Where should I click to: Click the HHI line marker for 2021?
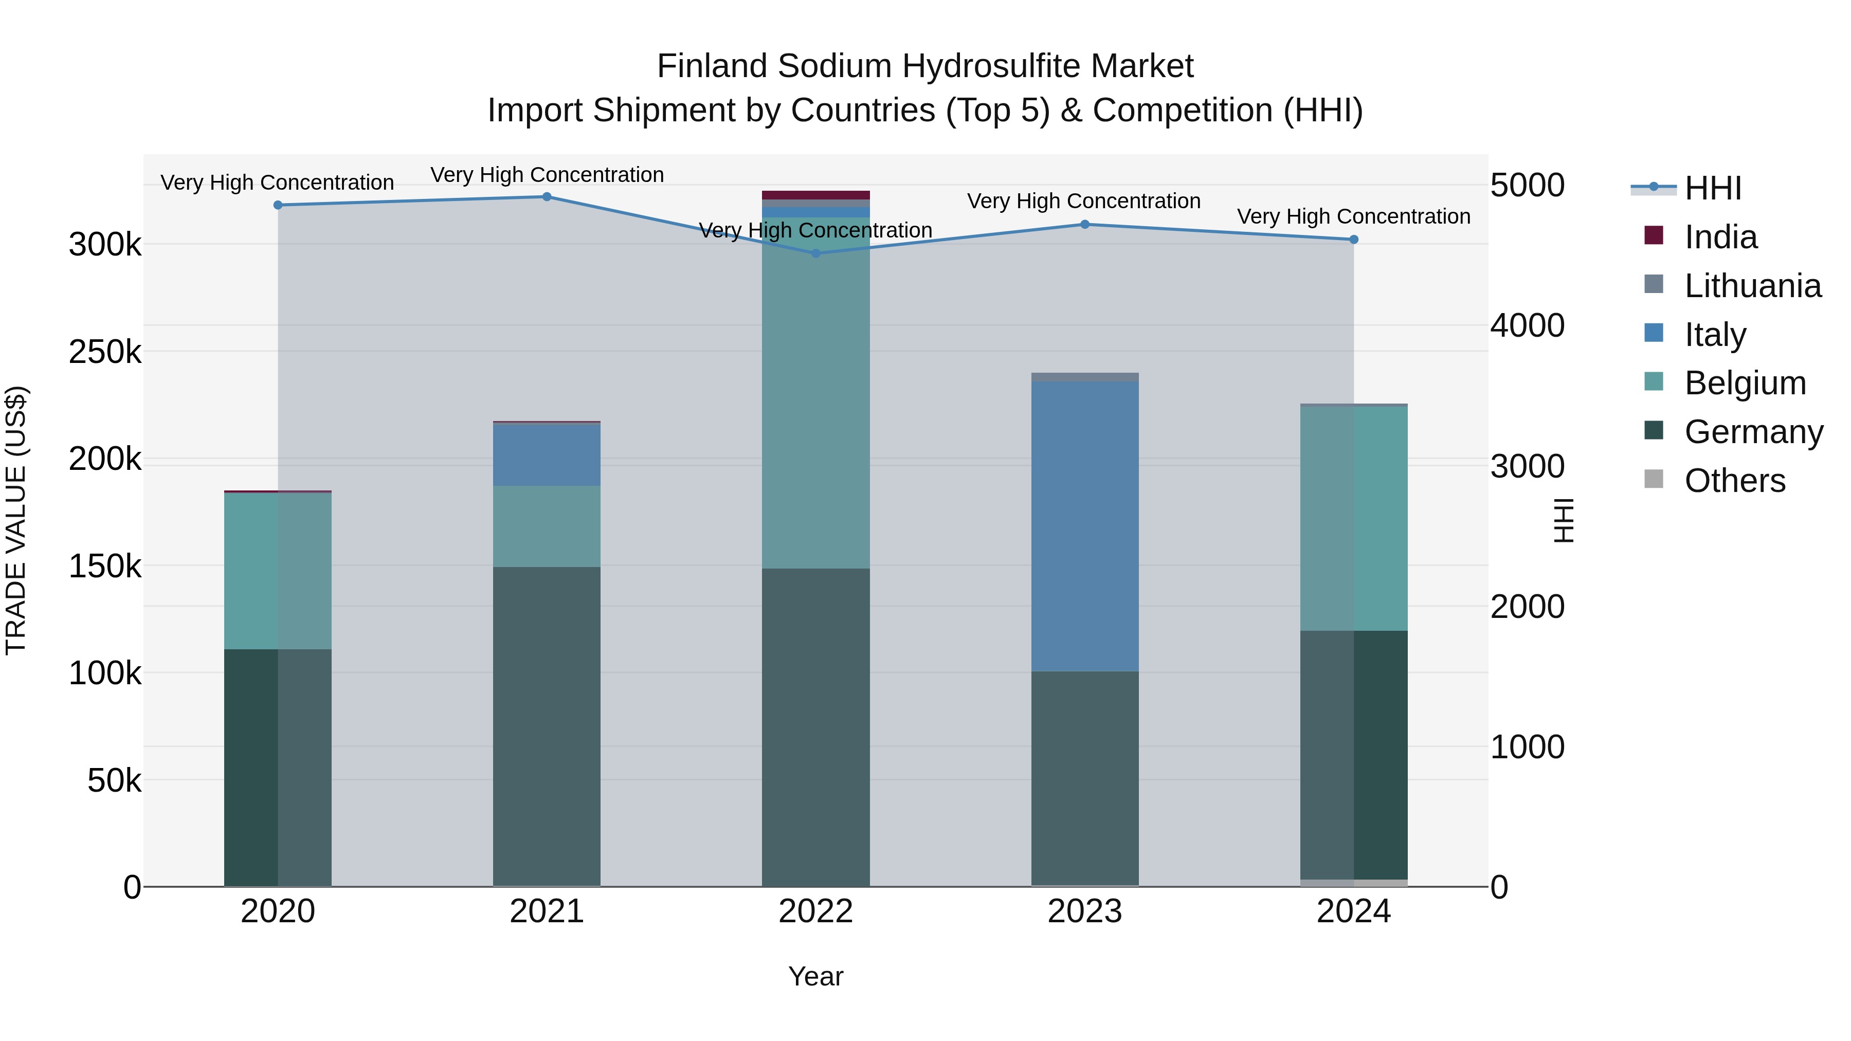(547, 197)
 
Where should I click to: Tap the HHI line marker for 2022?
(815, 253)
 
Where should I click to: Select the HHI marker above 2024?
(1354, 240)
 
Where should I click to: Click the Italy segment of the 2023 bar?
(1085, 526)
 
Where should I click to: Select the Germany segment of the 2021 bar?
(547, 725)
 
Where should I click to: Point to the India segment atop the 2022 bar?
(815, 195)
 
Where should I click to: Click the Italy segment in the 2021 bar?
(547, 455)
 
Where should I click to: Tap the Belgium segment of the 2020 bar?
(278, 571)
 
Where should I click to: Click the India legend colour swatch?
(1654, 235)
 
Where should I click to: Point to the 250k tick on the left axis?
(105, 352)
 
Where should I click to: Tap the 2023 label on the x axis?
(1085, 911)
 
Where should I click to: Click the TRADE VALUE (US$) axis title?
(16, 520)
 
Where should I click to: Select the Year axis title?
(815, 976)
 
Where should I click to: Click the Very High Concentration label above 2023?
(1083, 201)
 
